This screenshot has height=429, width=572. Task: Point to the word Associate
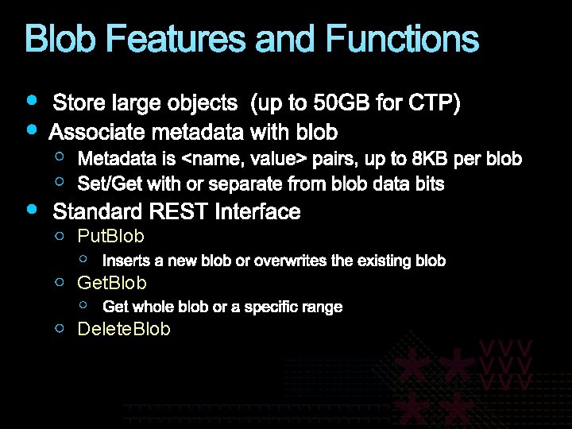(x=94, y=131)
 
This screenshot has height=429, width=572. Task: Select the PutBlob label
(x=110, y=237)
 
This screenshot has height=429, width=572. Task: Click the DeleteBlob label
(x=123, y=329)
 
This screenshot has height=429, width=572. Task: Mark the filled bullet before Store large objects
(x=30, y=101)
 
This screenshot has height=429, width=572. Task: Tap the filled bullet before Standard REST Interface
(x=30, y=209)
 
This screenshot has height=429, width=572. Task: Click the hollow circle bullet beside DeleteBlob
(x=60, y=327)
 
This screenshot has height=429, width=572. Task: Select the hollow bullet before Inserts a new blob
(x=84, y=258)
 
